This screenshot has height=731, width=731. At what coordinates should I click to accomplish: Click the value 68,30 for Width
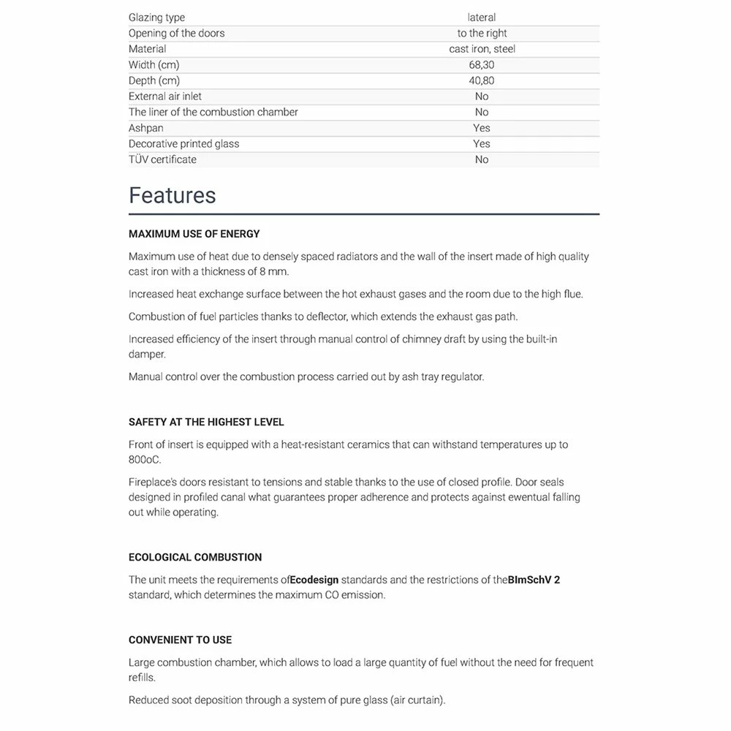pos(481,65)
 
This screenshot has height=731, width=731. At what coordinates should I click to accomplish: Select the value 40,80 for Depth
pos(481,80)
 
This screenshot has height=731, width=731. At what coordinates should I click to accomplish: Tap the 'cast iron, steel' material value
pos(482,49)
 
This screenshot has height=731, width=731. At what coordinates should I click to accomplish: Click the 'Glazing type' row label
pos(156,18)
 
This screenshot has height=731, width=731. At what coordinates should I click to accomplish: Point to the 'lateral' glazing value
pos(482,18)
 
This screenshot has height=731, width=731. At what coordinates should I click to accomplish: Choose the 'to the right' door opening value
pos(482,33)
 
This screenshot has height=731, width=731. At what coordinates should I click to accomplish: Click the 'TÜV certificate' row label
pos(162,159)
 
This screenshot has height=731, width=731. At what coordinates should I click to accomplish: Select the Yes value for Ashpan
pos(482,128)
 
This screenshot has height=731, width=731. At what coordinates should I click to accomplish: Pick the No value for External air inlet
pos(482,96)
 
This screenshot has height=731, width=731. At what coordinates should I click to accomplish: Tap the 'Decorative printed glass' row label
pos(183,144)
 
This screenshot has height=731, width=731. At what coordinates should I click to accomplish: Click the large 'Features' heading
pos(173,195)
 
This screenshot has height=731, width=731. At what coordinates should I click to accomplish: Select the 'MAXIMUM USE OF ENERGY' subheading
pos(194,234)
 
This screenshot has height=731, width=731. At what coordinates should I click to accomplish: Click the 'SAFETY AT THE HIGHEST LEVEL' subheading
pos(206,422)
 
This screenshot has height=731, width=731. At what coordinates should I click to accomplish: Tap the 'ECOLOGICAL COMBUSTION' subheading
pos(195,557)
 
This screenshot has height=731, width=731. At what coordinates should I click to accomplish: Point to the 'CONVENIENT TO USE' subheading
pos(180,640)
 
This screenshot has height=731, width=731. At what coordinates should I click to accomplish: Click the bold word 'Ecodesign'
pos(314,580)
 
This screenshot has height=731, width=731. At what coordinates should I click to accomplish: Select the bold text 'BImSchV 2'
pos(534,580)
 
